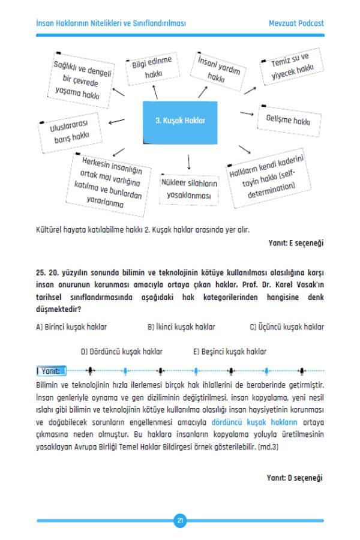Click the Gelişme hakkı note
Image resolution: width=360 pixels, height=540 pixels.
click(x=288, y=121)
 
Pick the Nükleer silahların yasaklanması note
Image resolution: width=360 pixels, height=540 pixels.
click(x=189, y=189)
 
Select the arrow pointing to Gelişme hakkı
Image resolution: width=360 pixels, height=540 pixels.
click(x=247, y=113)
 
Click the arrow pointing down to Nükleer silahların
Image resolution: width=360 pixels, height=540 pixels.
click(x=189, y=161)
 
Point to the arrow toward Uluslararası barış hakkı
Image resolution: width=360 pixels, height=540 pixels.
click(x=117, y=122)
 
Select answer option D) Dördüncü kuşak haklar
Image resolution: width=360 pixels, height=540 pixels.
click(x=122, y=351)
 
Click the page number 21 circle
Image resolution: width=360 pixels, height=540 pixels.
click(x=180, y=520)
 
